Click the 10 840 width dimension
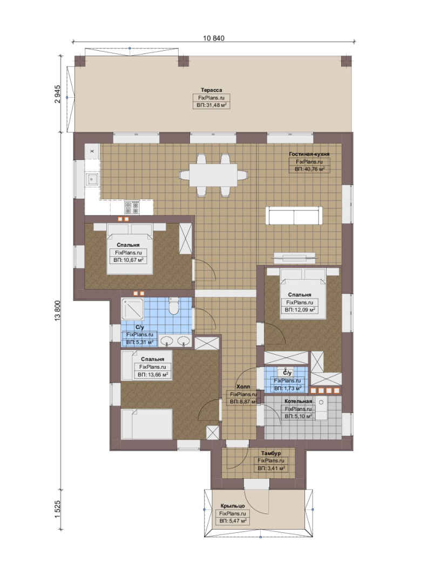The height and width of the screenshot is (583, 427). click(x=214, y=38)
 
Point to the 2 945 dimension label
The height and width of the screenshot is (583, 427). click(x=57, y=94)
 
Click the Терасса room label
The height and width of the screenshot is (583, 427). click(x=211, y=90)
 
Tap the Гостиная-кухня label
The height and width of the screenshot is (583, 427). click(x=309, y=154)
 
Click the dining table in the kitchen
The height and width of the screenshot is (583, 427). click(x=214, y=175)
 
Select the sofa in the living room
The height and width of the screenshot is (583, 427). click(x=294, y=215)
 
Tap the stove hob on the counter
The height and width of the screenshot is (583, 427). click(x=132, y=207)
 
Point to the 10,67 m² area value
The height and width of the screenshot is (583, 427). click(x=128, y=260)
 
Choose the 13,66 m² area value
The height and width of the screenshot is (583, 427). click(x=152, y=375)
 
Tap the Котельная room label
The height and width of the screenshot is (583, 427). click(x=298, y=402)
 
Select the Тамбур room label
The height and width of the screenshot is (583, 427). click(x=271, y=453)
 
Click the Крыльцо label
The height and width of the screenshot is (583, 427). click(x=233, y=506)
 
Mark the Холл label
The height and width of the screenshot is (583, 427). click(x=243, y=387)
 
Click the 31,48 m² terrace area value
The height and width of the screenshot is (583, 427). click(x=211, y=105)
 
